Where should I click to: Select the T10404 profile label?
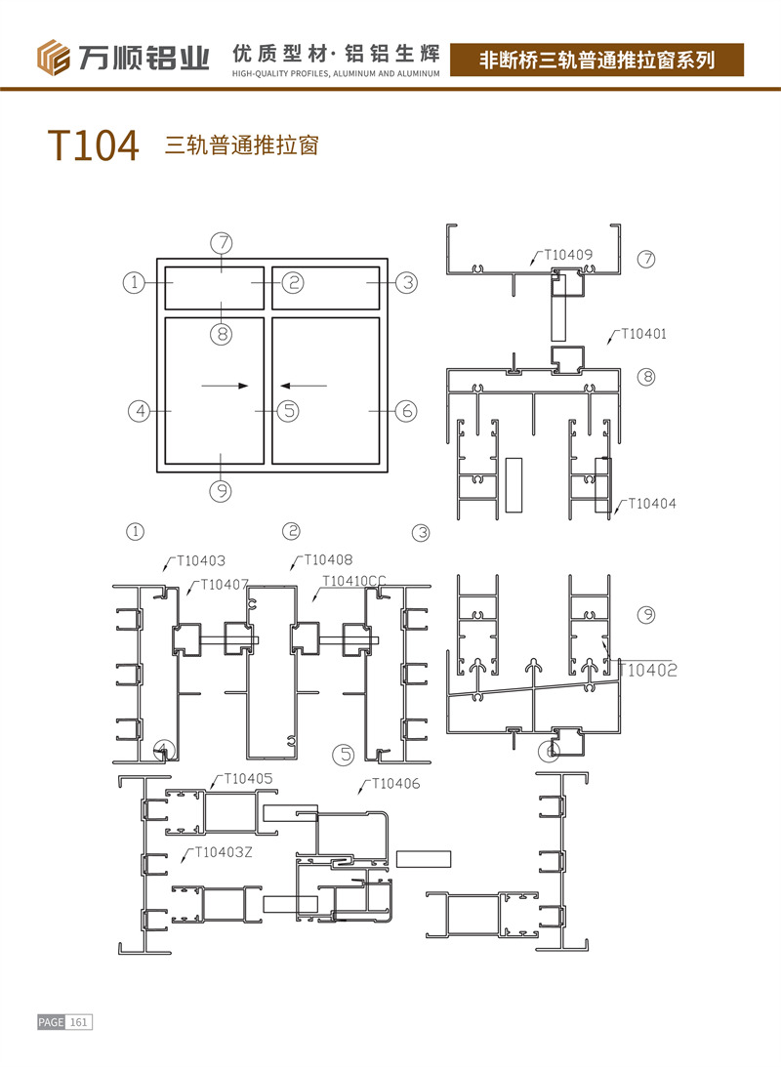651,503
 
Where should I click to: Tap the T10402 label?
647,670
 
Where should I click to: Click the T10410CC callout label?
354,581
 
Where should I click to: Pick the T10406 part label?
396,784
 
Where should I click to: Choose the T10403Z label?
224,851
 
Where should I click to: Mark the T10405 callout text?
248,779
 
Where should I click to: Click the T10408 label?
328,559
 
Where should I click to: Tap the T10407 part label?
225,585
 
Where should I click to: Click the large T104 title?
94,145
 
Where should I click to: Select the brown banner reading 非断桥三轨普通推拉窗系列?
597,60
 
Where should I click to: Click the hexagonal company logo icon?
55,58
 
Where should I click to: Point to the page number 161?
79,1022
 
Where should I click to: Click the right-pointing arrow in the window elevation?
225,386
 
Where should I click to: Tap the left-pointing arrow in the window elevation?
299,386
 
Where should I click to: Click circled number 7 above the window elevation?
223,243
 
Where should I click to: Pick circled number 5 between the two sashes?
287,411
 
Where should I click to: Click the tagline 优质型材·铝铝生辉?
336,52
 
